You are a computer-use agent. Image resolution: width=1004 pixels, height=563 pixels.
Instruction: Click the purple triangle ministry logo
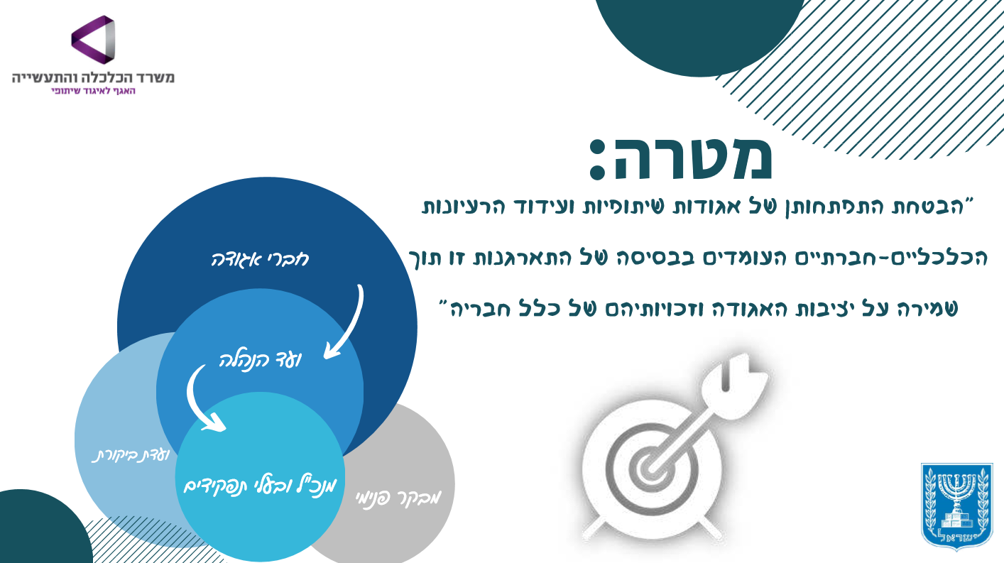pos(93,40)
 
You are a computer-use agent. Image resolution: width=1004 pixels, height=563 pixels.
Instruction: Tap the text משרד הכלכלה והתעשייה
pos(93,77)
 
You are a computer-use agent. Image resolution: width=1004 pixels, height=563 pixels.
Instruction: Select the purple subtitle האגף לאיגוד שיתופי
pos(93,91)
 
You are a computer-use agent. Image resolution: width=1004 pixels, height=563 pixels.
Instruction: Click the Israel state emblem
pos(957,511)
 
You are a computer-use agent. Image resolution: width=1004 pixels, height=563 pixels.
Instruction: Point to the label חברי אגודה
pos(260,260)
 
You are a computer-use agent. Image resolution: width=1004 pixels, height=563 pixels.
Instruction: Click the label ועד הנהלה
pos(260,360)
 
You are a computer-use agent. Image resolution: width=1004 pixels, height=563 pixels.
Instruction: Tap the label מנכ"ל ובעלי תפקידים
pos(260,486)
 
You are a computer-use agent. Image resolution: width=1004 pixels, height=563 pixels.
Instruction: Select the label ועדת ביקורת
pos(131,456)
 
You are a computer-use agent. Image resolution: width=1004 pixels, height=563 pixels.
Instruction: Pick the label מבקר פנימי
pos(398,498)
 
